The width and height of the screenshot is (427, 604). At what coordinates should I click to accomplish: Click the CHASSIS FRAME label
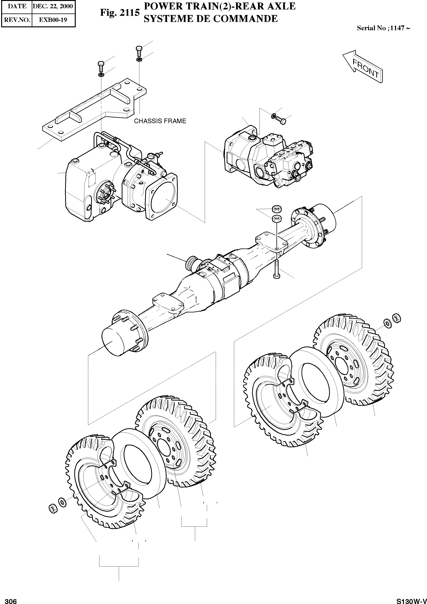pos(160,121)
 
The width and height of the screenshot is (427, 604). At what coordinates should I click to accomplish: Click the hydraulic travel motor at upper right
pos(268,158)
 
